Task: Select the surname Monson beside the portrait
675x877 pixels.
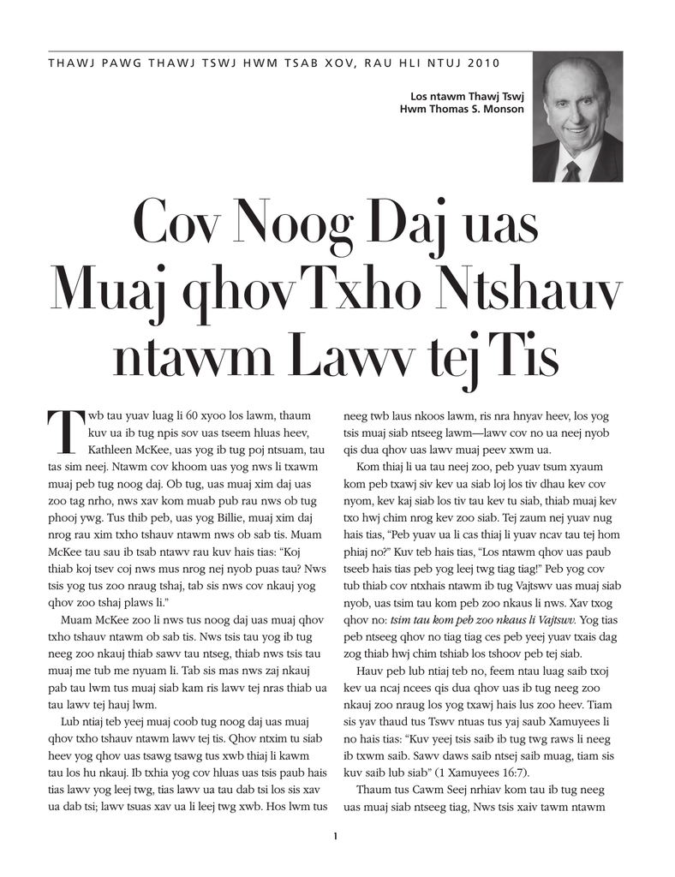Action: click(500, 109)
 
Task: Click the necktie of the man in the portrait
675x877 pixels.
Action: click(571, 171)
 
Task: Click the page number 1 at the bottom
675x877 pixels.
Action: click(337, 836)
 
